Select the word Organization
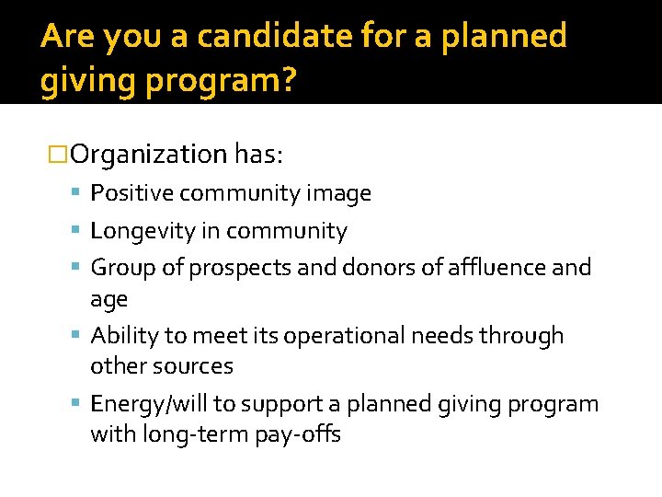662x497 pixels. click(148, 154)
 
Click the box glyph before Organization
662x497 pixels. click(58, 154)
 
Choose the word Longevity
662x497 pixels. click(143, 231)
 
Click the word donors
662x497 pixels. click(374, 268)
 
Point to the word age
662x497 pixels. click(108, 300)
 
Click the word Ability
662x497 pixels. click(122, 336)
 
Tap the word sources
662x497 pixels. click(195, 366)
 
